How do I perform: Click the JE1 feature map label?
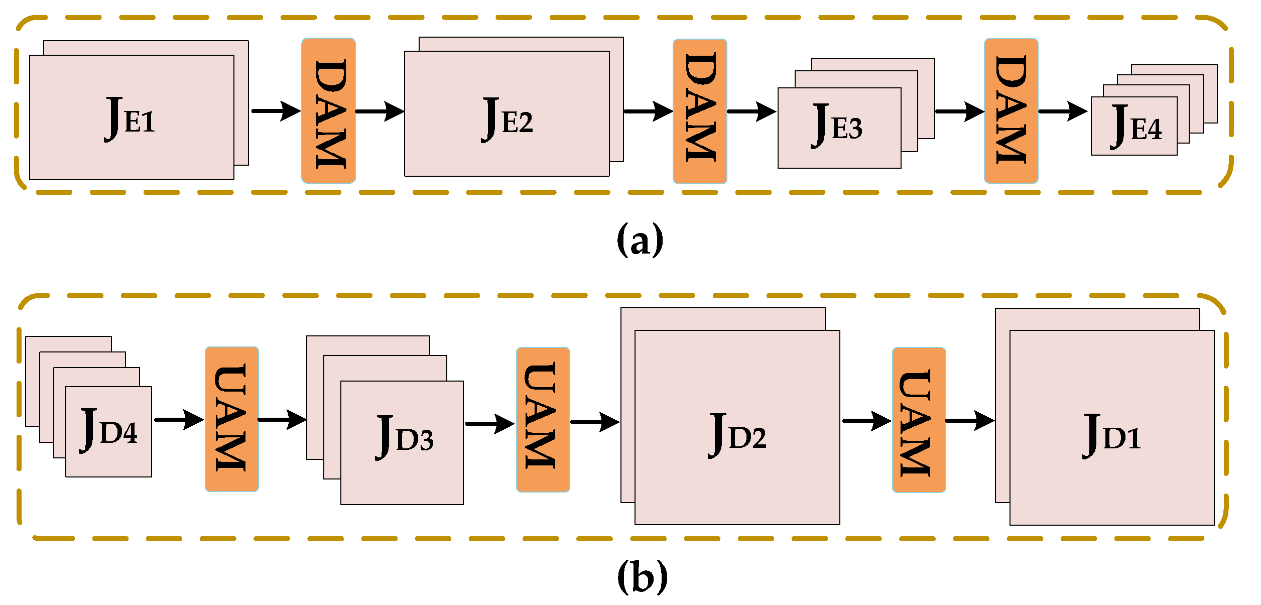(130, 119)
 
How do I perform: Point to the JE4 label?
(1136, 127)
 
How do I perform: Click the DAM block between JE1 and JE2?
(329, 111)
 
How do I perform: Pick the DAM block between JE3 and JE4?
(1011, 111)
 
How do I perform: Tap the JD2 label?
(737, 435)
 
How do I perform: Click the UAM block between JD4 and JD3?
(232, 419)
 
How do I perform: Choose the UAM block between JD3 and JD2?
(543, 420)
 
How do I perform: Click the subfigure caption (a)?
(640, 240)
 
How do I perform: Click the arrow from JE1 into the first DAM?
(276, 111)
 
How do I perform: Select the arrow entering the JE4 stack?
(1062, 111)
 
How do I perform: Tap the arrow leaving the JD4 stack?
(178, 419)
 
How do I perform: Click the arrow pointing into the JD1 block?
(970, 420)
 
